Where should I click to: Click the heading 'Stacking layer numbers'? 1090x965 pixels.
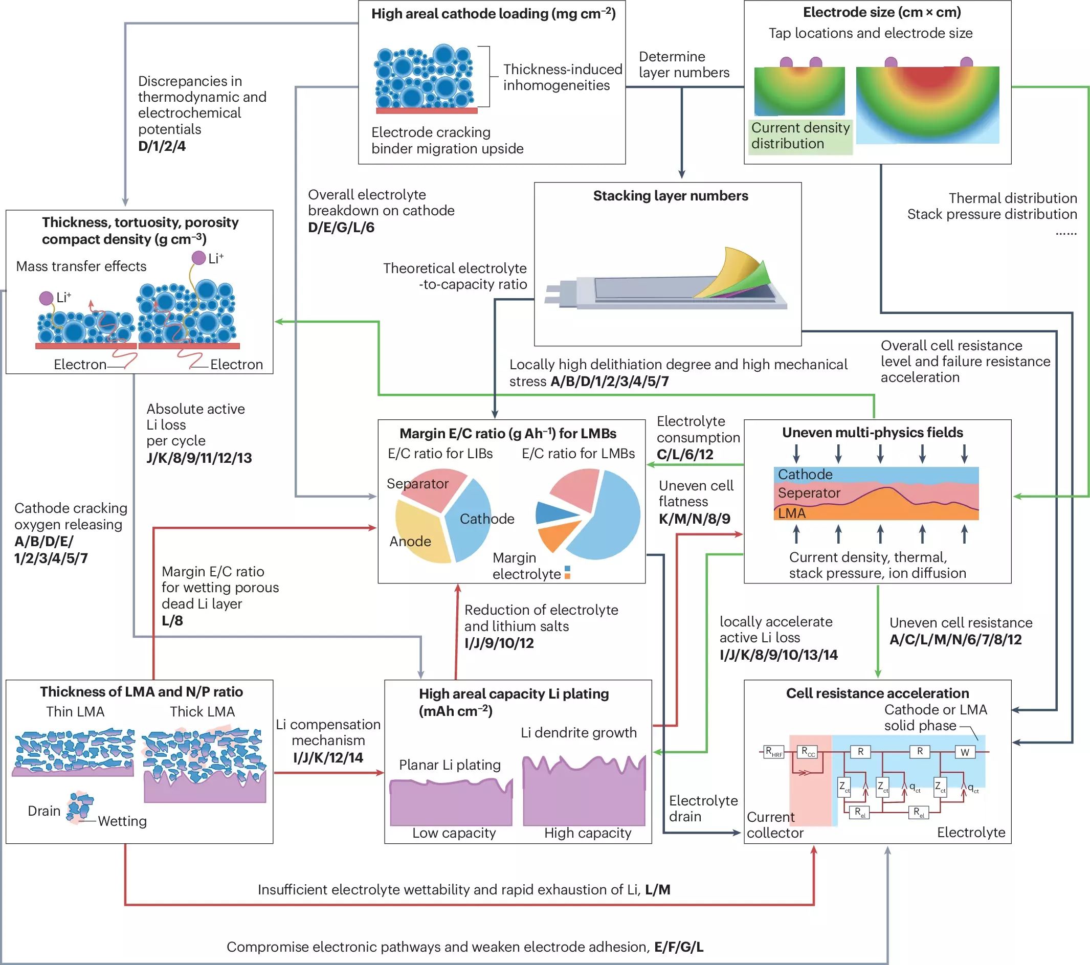point(671,196)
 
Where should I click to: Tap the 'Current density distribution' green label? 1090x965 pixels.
point(800,136)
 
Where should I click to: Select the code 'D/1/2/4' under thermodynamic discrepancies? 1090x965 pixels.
point(162,146)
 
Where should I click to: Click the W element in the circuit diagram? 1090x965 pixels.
point(965,752)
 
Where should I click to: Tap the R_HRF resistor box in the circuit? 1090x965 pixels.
point(773,752)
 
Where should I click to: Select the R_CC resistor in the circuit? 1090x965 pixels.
point(808,752)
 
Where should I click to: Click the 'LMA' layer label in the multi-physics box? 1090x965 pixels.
point(791,513)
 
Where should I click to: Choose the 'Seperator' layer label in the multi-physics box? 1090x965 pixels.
point(809,493)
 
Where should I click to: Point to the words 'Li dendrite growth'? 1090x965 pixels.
point(579,732)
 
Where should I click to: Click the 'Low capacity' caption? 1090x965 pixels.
point(454,833)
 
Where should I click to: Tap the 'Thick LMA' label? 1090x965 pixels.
point(202,712)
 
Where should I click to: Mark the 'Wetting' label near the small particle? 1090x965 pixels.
point(122,821)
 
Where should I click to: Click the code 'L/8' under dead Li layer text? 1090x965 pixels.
point(172,621)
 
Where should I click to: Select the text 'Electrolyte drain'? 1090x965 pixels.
point(703,808)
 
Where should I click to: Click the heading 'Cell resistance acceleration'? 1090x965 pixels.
point(877,693)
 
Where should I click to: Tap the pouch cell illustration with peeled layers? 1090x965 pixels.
point(666,283)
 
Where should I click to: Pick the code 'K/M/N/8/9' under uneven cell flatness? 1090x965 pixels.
point(694,519)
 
